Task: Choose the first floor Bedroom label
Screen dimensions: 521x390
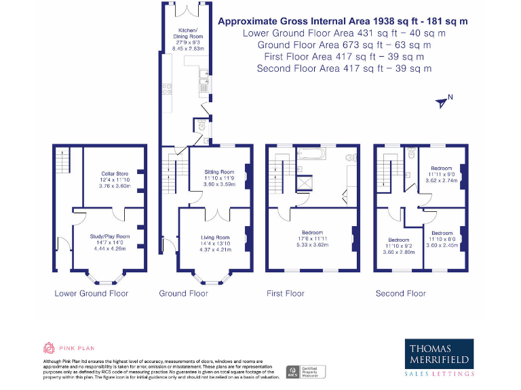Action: click(x=312, y=238)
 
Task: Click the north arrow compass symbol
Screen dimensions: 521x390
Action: click(x=443, y=102)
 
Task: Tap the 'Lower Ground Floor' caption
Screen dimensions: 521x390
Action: click(x=92, y=293)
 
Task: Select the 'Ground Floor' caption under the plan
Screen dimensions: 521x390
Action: click(x=183, y=293)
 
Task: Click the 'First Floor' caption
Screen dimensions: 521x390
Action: click(x=286, y=293)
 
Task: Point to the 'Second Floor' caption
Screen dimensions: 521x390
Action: click(x=400, y=293)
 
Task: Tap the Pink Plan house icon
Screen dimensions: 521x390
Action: click(x=48, y=348)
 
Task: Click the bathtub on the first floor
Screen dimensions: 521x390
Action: click(x=309, y=155)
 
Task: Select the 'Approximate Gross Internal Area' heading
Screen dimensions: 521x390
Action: click(x=343, y=21)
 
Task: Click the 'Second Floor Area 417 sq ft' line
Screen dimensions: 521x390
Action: click(x=344, y=68)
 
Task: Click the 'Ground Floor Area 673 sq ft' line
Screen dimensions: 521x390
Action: click(x=344, y=45)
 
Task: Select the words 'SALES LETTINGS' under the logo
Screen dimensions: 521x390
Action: click(x=439, y=374)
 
